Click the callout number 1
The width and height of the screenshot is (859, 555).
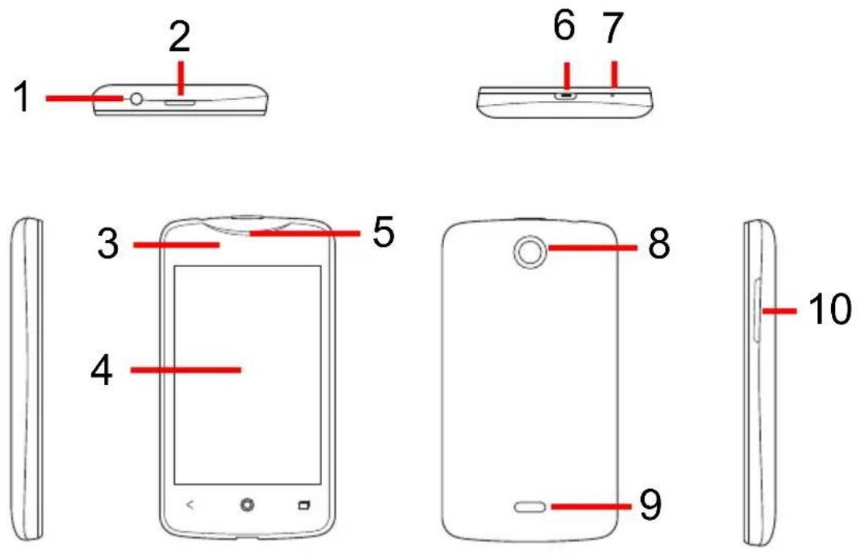(x=22, y=96)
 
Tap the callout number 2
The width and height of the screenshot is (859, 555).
(x=180, y=36)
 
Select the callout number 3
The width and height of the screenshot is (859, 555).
(x=108, y=244)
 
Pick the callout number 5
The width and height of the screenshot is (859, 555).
(x=383, y=232)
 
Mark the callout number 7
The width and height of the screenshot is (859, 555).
(x=613, y=27)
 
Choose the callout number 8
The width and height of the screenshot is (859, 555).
(x=659, y=244)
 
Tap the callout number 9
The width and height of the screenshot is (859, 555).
(x=650, y=505)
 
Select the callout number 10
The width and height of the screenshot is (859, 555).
(x=830, y=309)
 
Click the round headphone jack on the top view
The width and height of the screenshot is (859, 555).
(x=136, y=99)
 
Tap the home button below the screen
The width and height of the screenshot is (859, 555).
(x=248, y=505)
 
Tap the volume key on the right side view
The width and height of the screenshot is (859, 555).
(x=757, y=310)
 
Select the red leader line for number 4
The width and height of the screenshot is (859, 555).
(x=185, y=369)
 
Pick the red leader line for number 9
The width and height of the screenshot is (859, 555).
(x=591, y=506)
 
